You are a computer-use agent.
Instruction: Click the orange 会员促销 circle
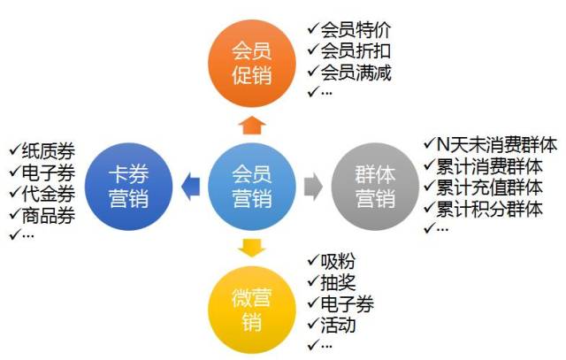point(252,63)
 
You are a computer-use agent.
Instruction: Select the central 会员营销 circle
point(252,187)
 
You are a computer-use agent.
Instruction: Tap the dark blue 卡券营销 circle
point(128,187)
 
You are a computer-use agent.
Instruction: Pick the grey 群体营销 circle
point(375,187)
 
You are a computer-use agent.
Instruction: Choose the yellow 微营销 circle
point(252,310)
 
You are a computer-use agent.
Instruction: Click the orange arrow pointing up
point(252,126)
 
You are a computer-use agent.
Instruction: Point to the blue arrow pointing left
point(190,187)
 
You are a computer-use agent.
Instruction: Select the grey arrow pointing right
point(313,187)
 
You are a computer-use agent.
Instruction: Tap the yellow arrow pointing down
point(252,248)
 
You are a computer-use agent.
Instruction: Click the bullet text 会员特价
point(356,29)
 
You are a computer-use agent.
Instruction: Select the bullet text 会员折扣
point(356,51)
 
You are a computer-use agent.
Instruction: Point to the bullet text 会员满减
point(356,73)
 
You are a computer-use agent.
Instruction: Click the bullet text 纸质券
point(49,151)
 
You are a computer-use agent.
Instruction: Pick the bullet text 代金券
point(49,194)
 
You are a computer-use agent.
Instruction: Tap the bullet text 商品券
point(49,216)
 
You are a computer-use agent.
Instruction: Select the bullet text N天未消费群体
point(497,145)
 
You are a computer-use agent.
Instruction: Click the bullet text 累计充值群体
point(489,188)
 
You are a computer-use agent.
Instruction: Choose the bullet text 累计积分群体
point(489,209)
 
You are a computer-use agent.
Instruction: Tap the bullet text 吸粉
point(338,261)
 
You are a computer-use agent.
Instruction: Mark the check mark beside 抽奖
point(313,281)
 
